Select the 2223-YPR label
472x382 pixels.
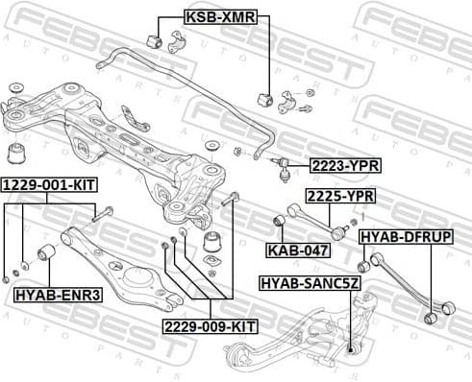click(x=344, y=166)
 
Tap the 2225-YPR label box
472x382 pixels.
click(x=340, y=196)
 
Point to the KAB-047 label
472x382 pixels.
click(x=298, y=251)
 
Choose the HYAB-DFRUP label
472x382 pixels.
click(x=406, y=235)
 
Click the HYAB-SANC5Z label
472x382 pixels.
click(x=311, y=282)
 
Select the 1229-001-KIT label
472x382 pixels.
click(x=48, y=183)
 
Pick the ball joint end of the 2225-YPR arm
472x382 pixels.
click(x=338, y=231)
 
